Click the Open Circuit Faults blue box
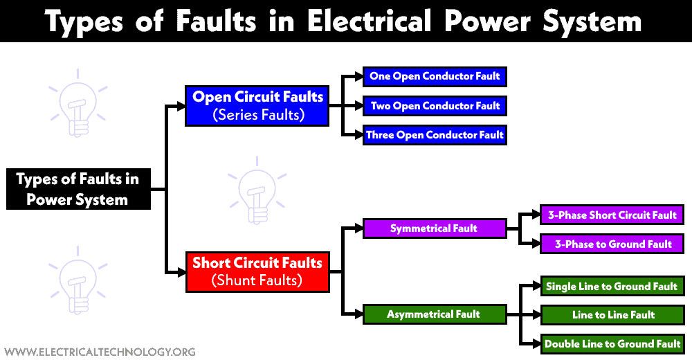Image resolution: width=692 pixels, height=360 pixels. click(257, 105)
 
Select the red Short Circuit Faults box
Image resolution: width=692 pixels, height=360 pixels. click(257, 271)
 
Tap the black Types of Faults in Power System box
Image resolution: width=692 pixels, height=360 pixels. click(78, 189)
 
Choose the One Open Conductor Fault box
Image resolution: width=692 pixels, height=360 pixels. click(435, 76)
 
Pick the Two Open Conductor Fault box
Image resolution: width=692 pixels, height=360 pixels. click(435, 106)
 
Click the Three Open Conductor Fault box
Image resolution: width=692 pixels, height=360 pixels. click(435, 135)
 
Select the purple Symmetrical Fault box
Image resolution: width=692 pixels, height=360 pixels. click(434, 228)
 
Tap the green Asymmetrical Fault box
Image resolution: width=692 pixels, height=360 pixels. click(434, 314)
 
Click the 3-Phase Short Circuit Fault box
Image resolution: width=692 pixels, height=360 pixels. click(612, 215)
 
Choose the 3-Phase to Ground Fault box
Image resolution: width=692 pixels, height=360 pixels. click(612, 244)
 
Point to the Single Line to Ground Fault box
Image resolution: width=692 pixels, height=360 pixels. click(612, 286)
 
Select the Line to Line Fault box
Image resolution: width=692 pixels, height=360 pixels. click(612, 315)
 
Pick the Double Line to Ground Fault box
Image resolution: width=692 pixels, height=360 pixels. click(612, 343)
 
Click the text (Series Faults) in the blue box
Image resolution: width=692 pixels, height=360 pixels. click(257, 115)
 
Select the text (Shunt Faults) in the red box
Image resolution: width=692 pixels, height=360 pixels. click(257, 280)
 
